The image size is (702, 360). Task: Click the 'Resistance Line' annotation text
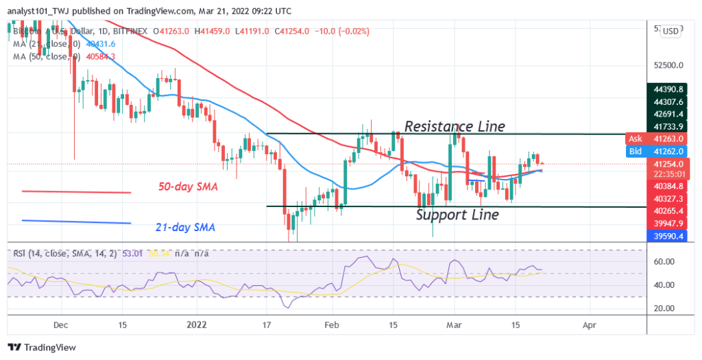pyautogui.click(x=455, y=126)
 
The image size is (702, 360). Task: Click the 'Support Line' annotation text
pyautogui.click(x=457, y=215)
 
